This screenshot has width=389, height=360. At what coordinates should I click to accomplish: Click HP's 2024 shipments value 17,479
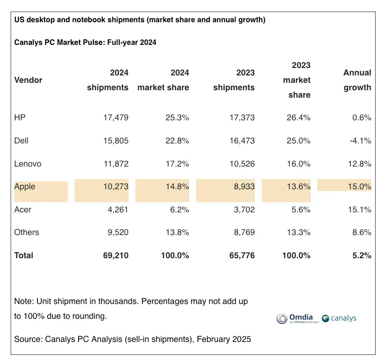point(115,118)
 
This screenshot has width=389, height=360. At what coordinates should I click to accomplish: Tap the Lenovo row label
point(28,164)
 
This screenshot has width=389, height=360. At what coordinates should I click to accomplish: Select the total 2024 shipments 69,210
point(115,255)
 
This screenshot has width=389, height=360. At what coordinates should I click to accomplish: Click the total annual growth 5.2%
point(361,255)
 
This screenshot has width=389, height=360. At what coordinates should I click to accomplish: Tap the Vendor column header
point(28,80)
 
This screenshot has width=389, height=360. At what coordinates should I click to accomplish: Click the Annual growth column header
point(357,80)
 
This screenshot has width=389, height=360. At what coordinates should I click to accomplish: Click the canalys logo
point(339,318)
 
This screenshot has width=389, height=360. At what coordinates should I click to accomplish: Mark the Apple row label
point(25,187)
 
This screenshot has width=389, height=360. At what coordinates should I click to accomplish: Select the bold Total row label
point(24,255)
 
